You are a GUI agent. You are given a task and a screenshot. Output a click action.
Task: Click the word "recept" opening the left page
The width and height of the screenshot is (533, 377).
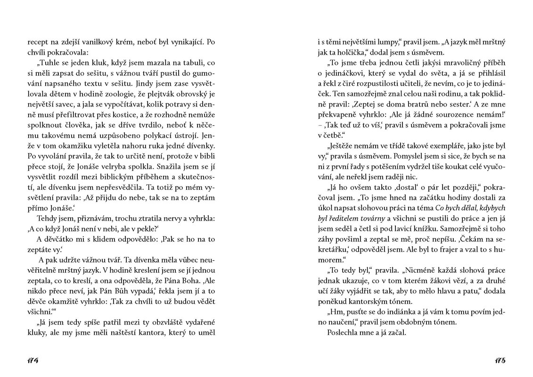(38, 42)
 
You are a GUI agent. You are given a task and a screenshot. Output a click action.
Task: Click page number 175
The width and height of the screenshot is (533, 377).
(500, 361)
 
